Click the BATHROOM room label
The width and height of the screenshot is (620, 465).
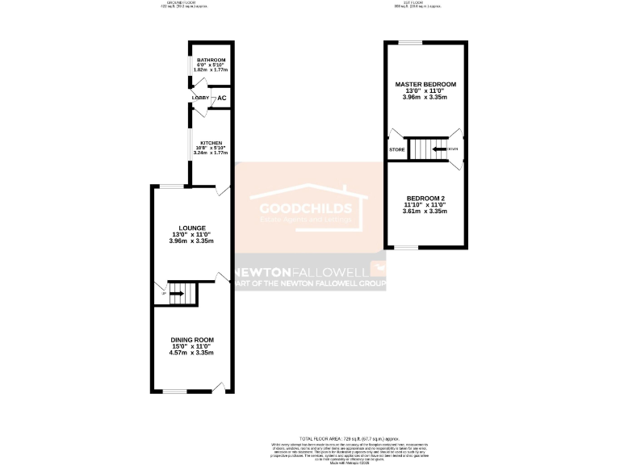click(x=211, y=61)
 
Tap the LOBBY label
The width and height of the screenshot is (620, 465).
click(x=200, y=98)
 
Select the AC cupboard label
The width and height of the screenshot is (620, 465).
click(x=222, y=98)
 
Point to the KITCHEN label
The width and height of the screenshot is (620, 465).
click(x=211, y=143)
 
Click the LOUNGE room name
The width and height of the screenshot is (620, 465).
click(x=193, y=228)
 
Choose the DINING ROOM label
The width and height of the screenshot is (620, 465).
click(x=192, y=340)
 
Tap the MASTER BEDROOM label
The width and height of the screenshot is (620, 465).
click(x=425, y=85)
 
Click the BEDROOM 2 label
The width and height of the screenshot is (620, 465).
click(x=425, y=198)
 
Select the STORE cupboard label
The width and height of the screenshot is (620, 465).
click(x=396, y=150)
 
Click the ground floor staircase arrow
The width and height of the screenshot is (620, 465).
click(x=176, y=293)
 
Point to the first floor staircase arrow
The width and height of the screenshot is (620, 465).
click(x=439, y=149)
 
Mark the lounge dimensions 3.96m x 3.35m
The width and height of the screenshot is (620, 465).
click(x=193, y=241)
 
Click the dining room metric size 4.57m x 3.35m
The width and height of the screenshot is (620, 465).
click(x=192, y=353)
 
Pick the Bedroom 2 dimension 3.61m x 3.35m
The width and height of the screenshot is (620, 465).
click(x=425, y=211)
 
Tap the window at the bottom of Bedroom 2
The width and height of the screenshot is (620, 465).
click(x=411, y=248)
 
